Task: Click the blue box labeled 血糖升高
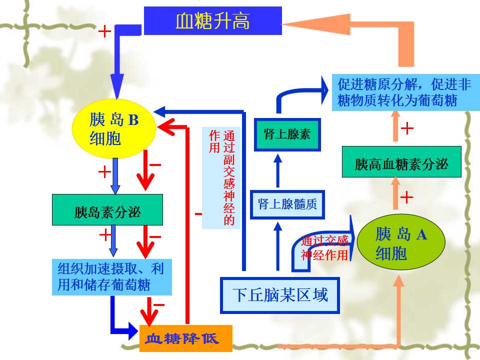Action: pyautogui.click(x=213, y=20)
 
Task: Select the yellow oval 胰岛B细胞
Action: pyautogui.click(x=114, y=128)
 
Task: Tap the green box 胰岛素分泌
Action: pyautogui.click(x=107, y=210)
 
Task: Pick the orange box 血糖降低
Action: pyautogui.click(x=186, y=338)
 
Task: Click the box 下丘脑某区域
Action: pyautogui.click(x=280, y=295)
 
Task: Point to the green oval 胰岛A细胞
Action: pyautogui.click(x=401, y=242)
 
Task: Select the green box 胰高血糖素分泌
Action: pyautogui.click(x=401, y=162)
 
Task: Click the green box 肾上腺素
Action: pyautogui.click(x=287, y=134)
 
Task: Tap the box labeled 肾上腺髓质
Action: pyautogui.click(x=287, y=204)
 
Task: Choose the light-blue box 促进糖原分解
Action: pyautogui.click(x=406, y=92)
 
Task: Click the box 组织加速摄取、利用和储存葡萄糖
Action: pyautogui.click(x=111, y=277)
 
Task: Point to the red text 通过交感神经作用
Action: pyautogui.click(x=324, y=248)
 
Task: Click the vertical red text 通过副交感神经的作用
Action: pyautogui.click(x=222, y=177)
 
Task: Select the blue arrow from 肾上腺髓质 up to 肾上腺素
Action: pyautogui.click(x=277, y=170)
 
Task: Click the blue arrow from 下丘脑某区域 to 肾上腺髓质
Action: pyautogui.click(x=277, y=246)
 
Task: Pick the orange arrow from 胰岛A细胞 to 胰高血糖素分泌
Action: pyautogui.click(x=395, y=193)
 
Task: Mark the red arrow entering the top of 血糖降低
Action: pyautogui.click(x=149, y=311)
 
